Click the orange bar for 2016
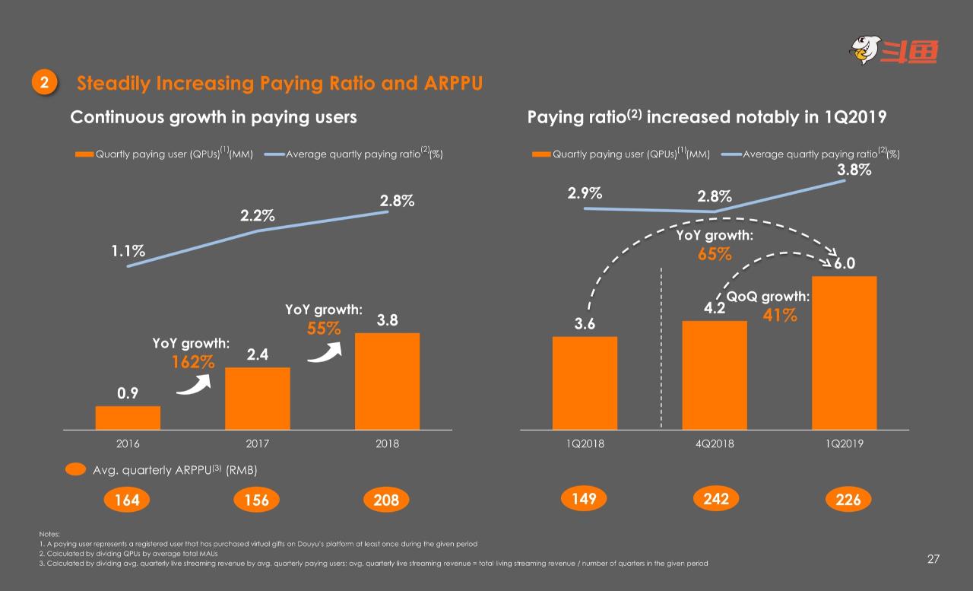pyautogui.click(x=128, y=418)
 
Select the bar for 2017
pyautogui.click(x=258, y=399)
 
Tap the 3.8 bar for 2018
pyautogui.click(x=387, y=381)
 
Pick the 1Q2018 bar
pyautogui.click(x=585, y=383)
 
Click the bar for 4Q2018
pyautogui.click(x=715, y=375)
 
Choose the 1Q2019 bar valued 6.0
pyautogui.click(x=844, y=353)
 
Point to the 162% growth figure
pyautogui.click(x=192, y=362)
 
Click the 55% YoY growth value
pyautogui.click(x=324, y=328)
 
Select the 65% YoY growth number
pyautogui.click(x=715, y=254)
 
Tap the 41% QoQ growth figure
pyautogui.click(x=780, y=315)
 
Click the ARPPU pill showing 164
pyautogui.click(x=127, y=500)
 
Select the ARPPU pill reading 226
pyautogui.click(x=848, y=500)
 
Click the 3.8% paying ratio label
pyautogui.click(x=854, y=170)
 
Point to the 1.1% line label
pyautogui.click(x=128, y=250)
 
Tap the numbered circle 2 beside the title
pyautogui.click(x=44, y=83)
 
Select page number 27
pyautogui.click(x=933, y=559)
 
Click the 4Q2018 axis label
pyautogui.click(x=715, y=443)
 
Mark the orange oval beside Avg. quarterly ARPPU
pyautogui.click(x=75, y=470)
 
